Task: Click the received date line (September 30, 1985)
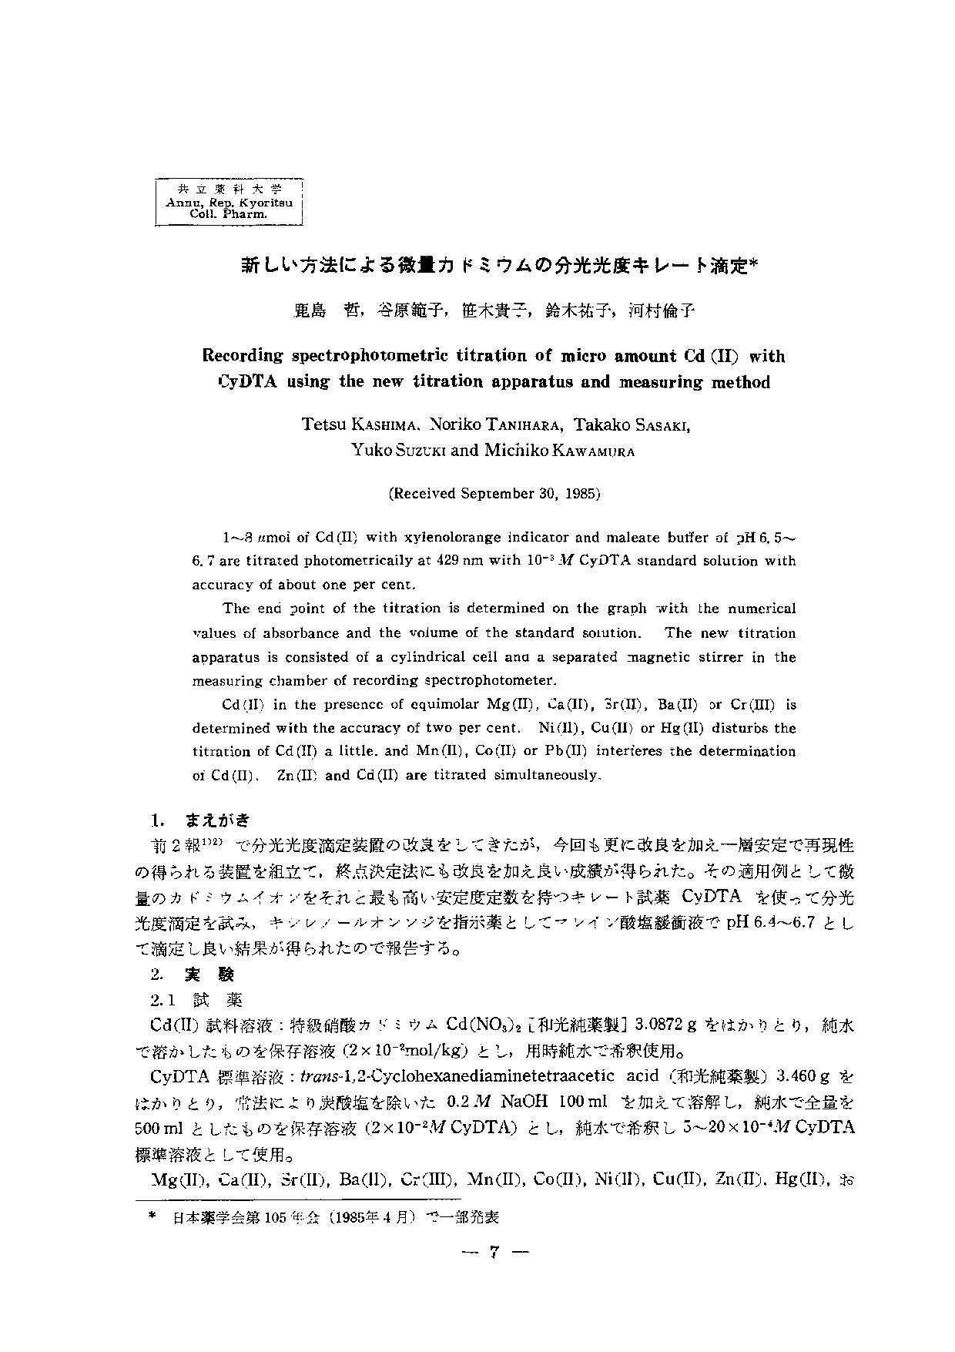pos(494,494)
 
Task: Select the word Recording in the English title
pos(243,356)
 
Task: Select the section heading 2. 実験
pos(193,975)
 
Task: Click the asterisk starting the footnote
pos(154,1218)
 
